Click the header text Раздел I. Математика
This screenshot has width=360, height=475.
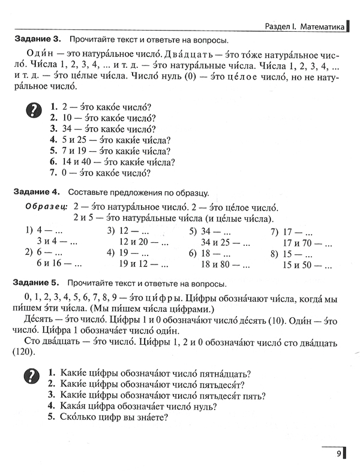305,26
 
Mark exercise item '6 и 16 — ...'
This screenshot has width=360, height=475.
59,264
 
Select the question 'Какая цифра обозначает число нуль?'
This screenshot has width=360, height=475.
133,406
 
